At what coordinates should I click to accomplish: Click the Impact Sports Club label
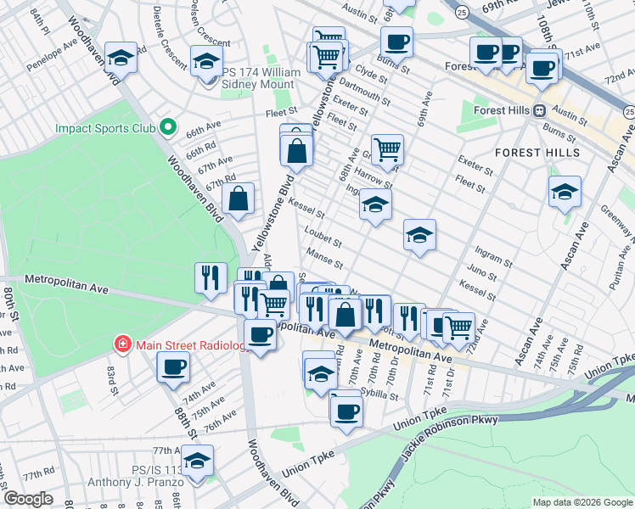(x=104, y=129)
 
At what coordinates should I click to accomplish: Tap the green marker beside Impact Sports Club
(x=168, y=129)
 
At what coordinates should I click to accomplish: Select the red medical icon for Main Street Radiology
(x=123, y=344)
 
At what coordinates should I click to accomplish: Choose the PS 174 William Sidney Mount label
(x=261, y=79)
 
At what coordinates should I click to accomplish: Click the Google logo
(x=28, y=499)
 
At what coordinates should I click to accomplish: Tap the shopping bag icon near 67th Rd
(x=240, y=199)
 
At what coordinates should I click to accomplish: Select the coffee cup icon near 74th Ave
(x=174, y=366)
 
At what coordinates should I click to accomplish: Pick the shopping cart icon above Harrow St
(x=387, y=149)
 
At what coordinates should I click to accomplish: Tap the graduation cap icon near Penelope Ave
(x=121, y=57)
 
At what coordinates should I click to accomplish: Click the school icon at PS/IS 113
(x=198, y=461)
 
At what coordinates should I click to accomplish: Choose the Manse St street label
(x=325, y=259)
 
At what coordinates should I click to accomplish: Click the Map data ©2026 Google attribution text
(x=582, y=502)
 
